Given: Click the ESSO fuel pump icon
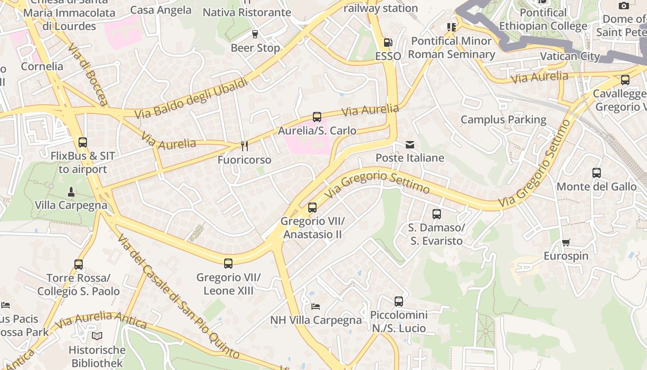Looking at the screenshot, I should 388,43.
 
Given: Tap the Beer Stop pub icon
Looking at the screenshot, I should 255,34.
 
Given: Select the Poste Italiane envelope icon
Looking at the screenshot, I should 409,145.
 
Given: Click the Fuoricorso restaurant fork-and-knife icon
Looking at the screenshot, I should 244,146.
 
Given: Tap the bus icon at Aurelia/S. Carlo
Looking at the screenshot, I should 317,117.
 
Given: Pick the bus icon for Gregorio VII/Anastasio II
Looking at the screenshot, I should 312,207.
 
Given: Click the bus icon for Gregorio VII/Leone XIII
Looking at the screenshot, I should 228,264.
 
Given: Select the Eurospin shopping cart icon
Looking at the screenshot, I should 566,242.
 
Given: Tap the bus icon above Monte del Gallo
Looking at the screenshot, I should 597,173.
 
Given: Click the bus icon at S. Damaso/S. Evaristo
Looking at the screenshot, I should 436,214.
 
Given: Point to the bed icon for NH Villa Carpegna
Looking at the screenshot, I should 316,306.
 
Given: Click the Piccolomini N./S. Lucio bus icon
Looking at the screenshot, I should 399,302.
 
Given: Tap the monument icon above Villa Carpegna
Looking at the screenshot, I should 71,191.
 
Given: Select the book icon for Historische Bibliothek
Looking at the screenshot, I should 97,336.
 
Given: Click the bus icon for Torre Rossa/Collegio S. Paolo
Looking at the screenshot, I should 79,265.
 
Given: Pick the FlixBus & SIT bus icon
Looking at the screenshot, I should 83,142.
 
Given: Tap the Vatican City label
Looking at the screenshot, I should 570,56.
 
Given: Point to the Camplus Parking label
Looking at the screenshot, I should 503,120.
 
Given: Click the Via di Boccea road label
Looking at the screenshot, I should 87,74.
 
